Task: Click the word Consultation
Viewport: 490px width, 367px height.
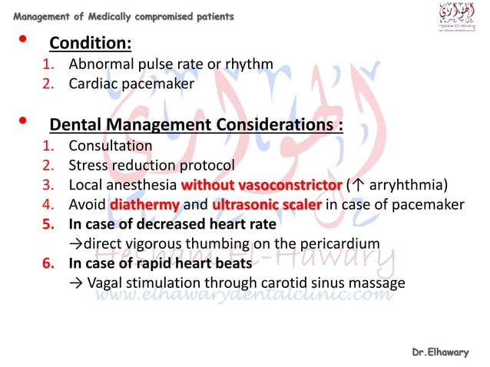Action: [111, 146]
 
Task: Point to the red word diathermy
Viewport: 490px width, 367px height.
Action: [145, 206]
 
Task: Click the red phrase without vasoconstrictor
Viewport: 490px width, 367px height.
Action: [261, 186]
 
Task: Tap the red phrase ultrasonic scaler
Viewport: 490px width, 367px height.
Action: [267, 206]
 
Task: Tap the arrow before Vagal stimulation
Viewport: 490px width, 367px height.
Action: [74, 283]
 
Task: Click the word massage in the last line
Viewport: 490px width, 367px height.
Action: [376, 283]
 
